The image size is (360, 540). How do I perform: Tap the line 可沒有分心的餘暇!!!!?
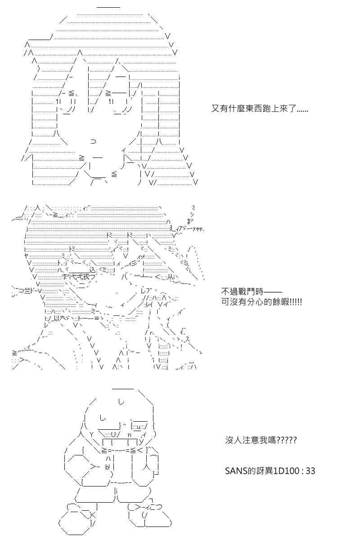pos(261,302)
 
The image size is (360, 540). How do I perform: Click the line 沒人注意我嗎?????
pos(261,441)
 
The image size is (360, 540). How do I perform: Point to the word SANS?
pos(236,471)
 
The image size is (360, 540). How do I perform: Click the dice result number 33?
pos(310,471)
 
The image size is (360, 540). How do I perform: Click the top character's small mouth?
pos(93,141)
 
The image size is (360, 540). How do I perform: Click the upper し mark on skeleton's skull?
pos(121,402)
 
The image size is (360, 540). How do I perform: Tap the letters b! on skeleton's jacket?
pos(108,467)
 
